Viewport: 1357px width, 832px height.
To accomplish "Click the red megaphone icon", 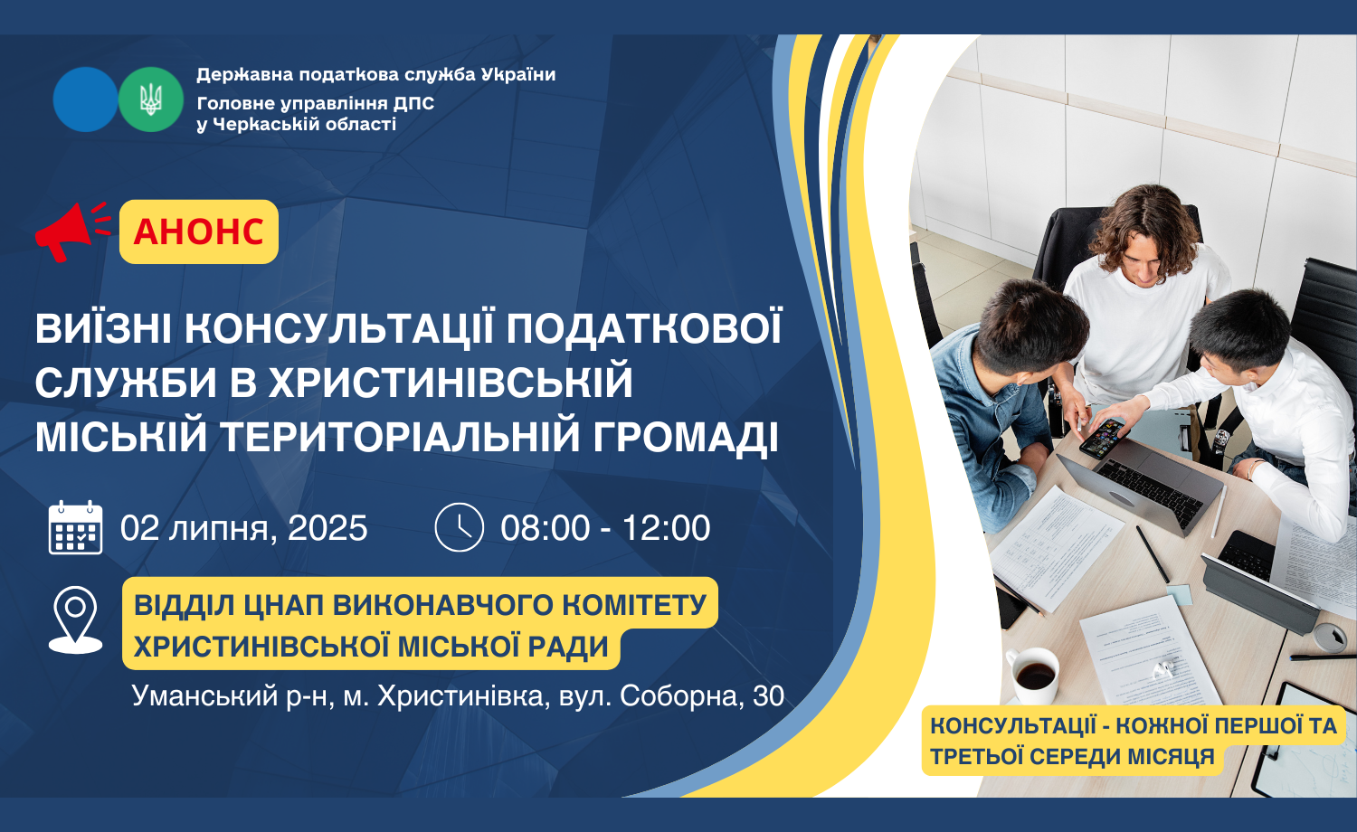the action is pyautogui.click(x=70, y=232).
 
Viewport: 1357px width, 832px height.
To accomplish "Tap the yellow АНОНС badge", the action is pyautogui.click(x=199, y=232).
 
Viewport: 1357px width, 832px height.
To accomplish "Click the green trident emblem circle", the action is pyautogui.click(x=150, y=99).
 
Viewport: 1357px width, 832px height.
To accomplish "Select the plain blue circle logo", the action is pyautogui.click(x=85, y=99).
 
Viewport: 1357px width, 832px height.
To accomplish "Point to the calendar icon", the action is pyautogui.click(x=75, y=527).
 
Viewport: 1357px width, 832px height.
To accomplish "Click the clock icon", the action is pyautogui.click(x=460, y=527).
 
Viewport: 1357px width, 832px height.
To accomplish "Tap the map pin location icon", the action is pyautogui.click(x=75, y=619).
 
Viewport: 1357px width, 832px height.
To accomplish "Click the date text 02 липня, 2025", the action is pyautogui.click(x=243, y=528).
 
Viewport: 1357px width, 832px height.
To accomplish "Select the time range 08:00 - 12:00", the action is pyautogui.click(x=605, y=527).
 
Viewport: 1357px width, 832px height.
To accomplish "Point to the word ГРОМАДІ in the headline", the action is pyautogui.click(x=685, y=437).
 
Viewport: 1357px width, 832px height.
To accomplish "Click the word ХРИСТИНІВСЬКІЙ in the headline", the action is pyautogui.click(x=451, y=383).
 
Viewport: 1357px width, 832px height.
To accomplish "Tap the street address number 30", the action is pyautogui.click(x=768, y=696).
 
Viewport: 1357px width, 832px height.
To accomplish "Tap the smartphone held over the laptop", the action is pyautogui.click(x=1101, y=437).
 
